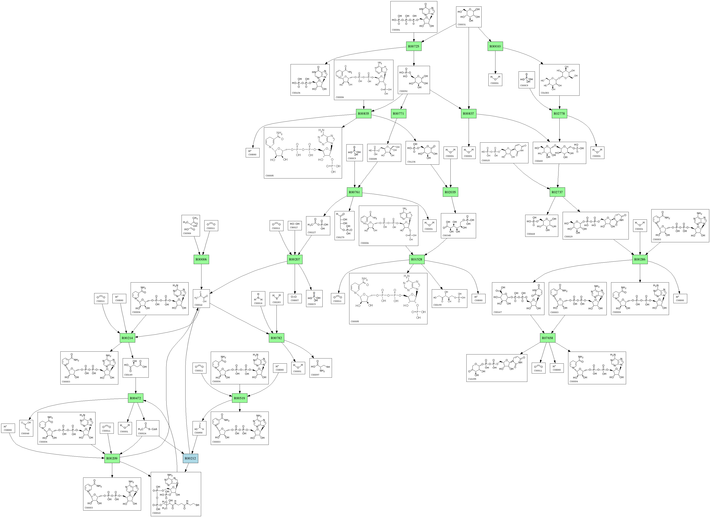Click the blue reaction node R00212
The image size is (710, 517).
[x=190, y=458]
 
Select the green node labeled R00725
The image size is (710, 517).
[x=414, y=46]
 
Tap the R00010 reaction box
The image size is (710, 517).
[x=495, y=46]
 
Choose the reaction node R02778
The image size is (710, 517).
[x=559, y=113]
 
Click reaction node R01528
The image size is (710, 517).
[x=417, y=259]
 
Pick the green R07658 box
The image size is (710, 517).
[x=547, y=338]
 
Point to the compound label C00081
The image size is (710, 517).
[x=396, y=30]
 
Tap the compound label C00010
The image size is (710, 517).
[x=156, y=513]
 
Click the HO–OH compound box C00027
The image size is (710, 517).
[x=295, y=225]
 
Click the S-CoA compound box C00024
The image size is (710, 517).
[x=148, y=428]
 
